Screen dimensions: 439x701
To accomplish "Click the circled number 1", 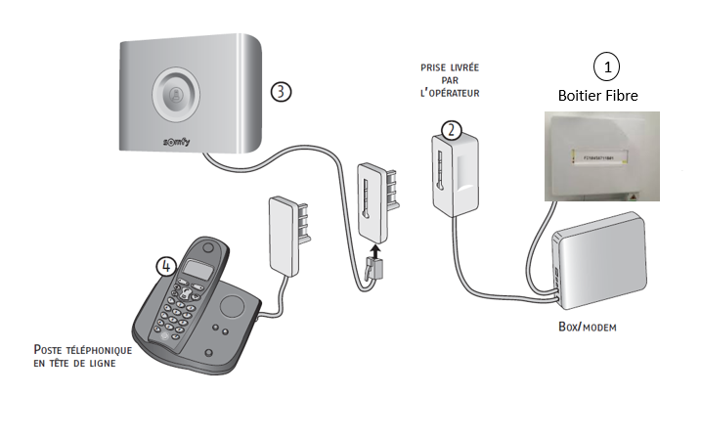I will point(607,66).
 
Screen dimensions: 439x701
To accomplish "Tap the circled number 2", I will point(451,128).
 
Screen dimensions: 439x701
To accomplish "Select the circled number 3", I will point(281,91).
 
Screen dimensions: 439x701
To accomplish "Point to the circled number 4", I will point(166,264).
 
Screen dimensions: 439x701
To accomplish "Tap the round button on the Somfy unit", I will point(177,95).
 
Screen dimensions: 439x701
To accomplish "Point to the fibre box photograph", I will point(601,155).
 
